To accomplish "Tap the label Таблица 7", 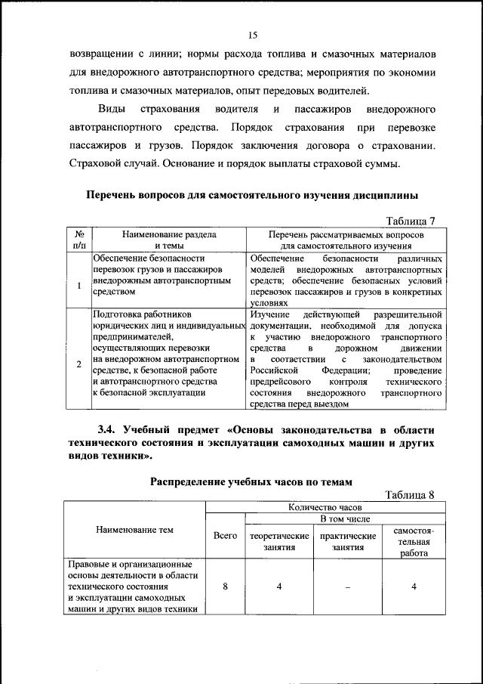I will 411,221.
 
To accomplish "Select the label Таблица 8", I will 411,495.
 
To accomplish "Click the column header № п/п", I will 79,240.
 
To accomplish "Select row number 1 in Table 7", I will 79,286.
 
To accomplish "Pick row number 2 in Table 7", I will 79,364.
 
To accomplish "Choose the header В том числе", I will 345,520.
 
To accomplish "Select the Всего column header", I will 226,534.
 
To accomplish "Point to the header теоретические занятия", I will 279,540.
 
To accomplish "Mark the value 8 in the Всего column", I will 226,587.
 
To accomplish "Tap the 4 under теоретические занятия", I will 279,587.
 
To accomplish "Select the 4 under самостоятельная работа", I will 414,587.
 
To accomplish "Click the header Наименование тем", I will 134,530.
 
